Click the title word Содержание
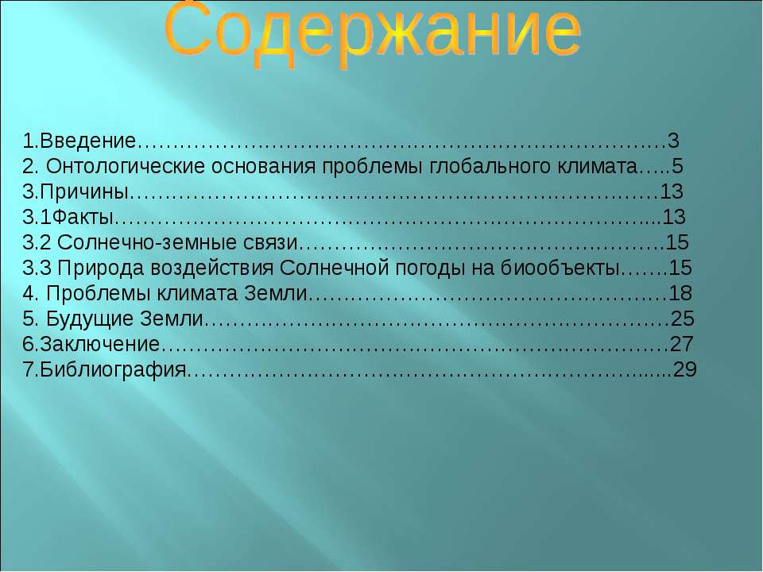[x=373, y=33]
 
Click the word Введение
[x=87, y=141]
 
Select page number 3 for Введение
[x=673, y=141]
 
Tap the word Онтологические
[x=126, y=166]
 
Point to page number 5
[x=677, y=166]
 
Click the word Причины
[x=84, y=191]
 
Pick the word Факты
[x=83, y=217]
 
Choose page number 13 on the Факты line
[x=674, y=217]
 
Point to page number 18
[x=680, y=293]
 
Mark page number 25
[x=682, y=318]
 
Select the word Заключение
[x=100, y=344]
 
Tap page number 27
[x=682, y=343]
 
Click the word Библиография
[x=113, y=369]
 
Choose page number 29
[x=685, y=369]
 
